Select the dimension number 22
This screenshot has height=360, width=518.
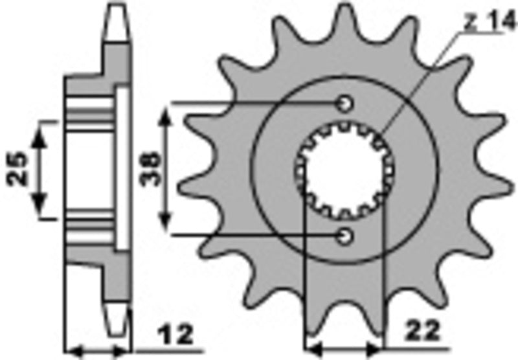tap(422, 330)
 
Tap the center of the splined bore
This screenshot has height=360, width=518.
tap(344, 170)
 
